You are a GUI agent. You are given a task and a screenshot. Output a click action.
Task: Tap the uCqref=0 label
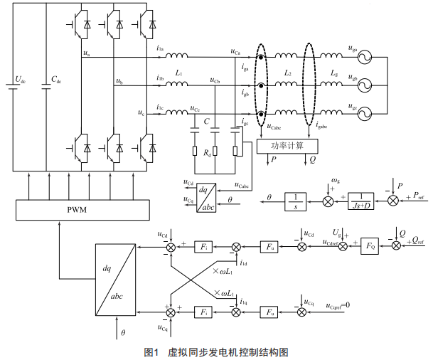pyautogui.click(x=343, y=307)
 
